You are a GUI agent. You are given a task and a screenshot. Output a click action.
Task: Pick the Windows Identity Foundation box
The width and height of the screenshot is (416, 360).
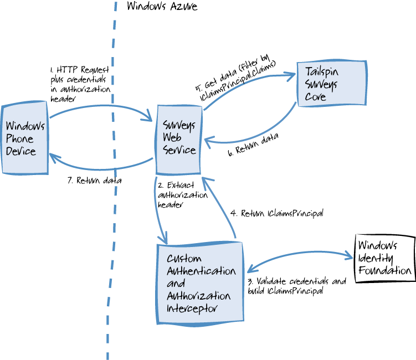pyautogui.click(x=384, y=258)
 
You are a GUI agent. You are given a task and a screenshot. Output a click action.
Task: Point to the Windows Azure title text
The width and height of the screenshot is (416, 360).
pyautogui.click(x=154, y=7)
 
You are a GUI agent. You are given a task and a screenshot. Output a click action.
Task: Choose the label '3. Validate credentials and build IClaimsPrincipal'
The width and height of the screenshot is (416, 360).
pyautogui.click(x=297, y=286)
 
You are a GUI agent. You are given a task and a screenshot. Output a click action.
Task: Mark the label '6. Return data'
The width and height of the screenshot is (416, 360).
pyautogui.click(x=253, y=145)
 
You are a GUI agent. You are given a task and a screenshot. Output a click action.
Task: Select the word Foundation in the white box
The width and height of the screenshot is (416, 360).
pyautogui.click(x=386, y=270)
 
